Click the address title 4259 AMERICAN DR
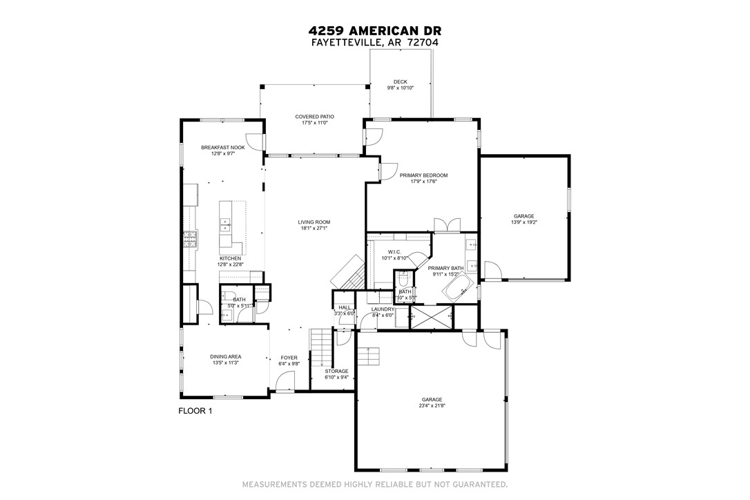click(x=375, y=30)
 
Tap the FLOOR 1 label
click(x=195, y=411)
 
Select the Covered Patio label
click(x=314, y=117)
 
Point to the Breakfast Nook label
click(x=223, y=147)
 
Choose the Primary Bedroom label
click(x=423, y=175)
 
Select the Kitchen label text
click(x=230, y=258)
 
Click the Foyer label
click(x=289, y=358)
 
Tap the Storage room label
click(x=337, y=372)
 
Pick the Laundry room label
click(x=382, y=309)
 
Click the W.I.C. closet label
click(x=394, y=252)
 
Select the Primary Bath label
click(x=445, y=268)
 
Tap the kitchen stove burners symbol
click(x=190, y=240)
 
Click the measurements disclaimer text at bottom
click(x=375, y=484)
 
